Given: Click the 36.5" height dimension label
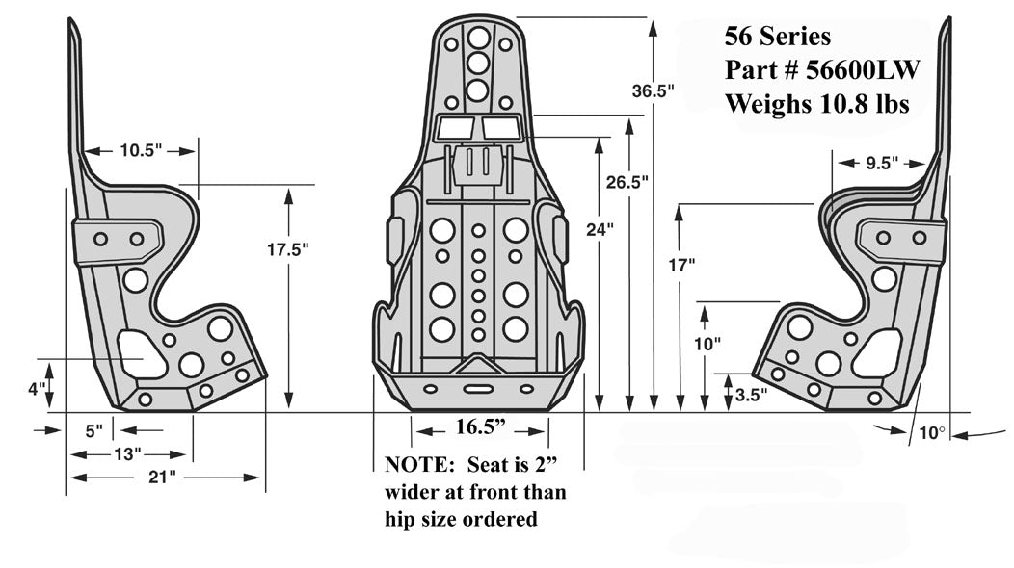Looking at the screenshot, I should coord(653,91).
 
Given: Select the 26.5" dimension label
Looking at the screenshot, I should coord(629,181).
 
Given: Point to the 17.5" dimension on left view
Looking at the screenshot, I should coord(287,249).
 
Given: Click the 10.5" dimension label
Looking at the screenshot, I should coord(142,150).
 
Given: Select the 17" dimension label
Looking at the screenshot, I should coord(680,264).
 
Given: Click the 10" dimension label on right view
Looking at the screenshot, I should coord(707,342).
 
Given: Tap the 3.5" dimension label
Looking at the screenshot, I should coord(751,394).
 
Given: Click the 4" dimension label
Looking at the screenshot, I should coord(37,389).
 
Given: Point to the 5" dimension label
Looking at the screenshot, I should coord(93,430).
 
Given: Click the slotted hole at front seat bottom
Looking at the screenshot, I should coord(477,389).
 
